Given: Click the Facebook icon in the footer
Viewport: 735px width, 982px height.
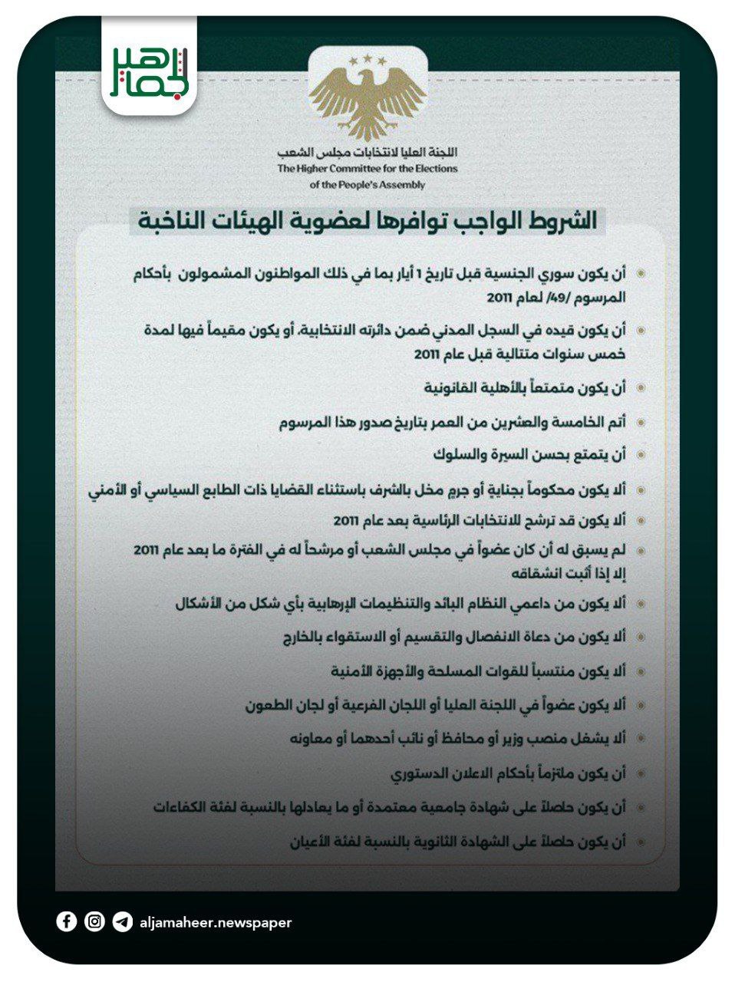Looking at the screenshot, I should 67,921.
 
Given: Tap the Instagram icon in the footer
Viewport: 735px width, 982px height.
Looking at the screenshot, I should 94,921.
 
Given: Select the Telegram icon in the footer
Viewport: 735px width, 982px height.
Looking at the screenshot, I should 122,922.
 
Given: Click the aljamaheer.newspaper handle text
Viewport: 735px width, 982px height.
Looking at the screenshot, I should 216,922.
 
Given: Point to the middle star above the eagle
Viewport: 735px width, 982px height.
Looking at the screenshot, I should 367,58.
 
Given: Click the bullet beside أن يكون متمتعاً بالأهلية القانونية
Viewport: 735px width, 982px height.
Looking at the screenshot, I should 641,388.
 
